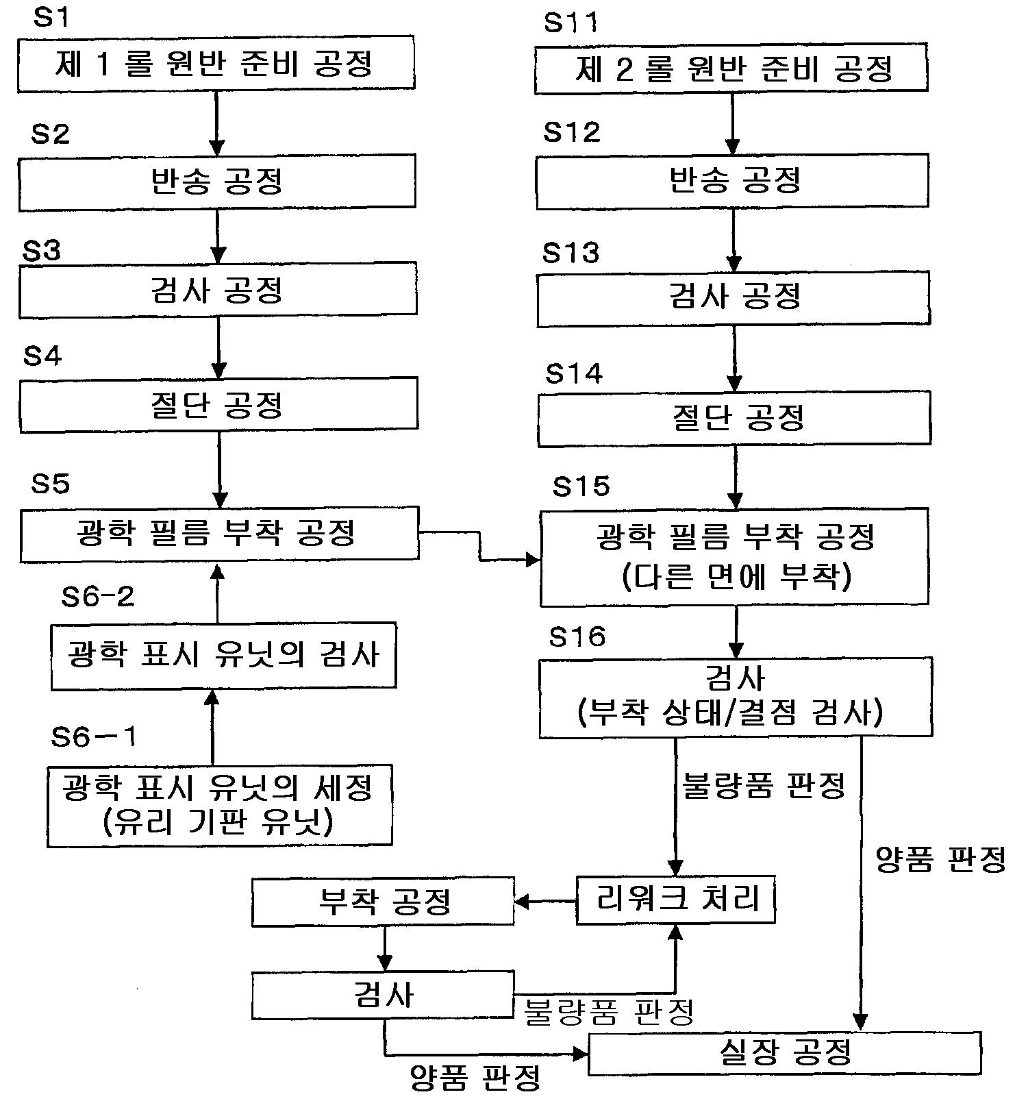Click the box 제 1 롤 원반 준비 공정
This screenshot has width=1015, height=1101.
(x=216, y=64)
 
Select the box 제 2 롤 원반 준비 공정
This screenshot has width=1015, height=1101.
(x=731, y=69)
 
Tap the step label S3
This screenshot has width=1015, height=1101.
(x=41, y=251)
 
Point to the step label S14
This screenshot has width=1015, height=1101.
(x=573, y=373)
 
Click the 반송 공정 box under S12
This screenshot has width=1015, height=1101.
(x=732, y=181)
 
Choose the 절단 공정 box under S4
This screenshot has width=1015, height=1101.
(x=218, y=404)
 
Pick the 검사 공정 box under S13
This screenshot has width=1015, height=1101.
(x=734, y=299)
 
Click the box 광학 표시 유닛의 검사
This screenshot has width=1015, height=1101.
(x=223, y=655)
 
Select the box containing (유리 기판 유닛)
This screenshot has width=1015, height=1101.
(x=219, y=805)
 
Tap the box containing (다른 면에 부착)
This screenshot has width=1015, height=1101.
(x=736, y=556)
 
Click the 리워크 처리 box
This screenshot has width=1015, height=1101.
(x=675, y=900)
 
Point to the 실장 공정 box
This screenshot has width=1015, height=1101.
(x=785, y=1052)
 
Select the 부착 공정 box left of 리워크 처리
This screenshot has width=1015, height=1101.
(x=383, y=902)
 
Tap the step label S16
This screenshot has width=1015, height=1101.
(x=577, y=636)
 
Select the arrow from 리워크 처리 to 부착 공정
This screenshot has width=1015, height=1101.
(x=545, y=901)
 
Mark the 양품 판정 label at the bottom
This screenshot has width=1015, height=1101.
(x=475, y=1077)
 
